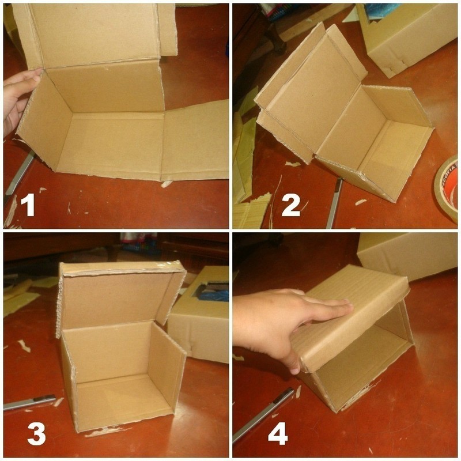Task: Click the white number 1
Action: tap(28, 205)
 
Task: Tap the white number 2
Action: tap(291, 205)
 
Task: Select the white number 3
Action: tap(36, 434)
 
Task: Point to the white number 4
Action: tap(278, 434)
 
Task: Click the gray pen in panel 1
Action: tap(20, 173)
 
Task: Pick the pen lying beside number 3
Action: tap(29, 402)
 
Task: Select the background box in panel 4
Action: tap(409, 254)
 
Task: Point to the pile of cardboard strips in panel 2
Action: tap(251, 210)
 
